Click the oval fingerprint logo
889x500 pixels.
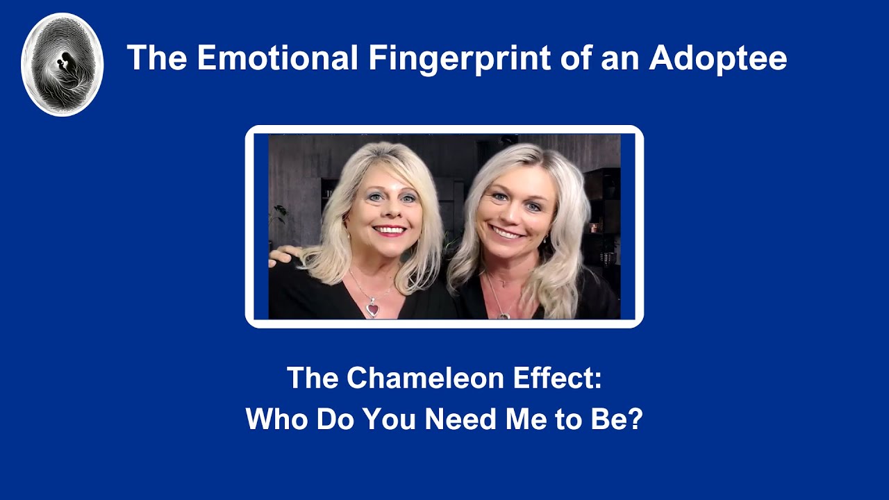(63, 64)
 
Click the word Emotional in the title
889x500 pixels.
(278, 58)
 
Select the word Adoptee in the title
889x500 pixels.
(717, 58)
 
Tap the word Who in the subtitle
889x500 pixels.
(277, 419)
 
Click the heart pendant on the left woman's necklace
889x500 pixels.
(373, 309)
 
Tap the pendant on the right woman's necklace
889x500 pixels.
(502, 315)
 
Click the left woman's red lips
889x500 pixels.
(389, 230)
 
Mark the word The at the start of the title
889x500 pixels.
(156, 58)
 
